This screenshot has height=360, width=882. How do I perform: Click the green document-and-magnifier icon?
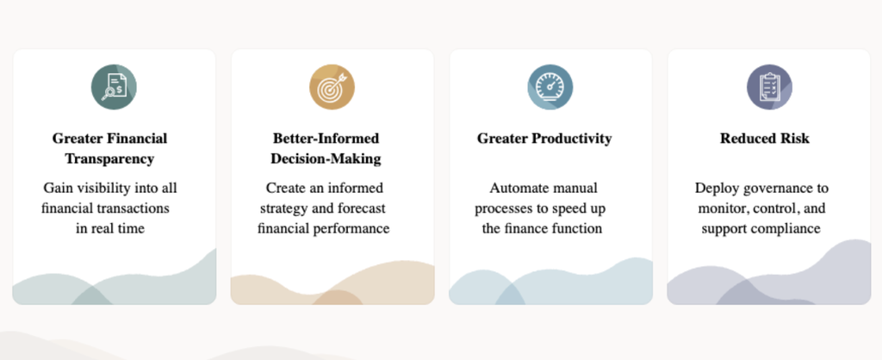tap(115, 87)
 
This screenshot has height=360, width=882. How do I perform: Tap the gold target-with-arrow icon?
tap(332, 87)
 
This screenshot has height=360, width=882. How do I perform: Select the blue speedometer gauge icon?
tap(550, 87)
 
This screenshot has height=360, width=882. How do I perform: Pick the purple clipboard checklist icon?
tap(769, 87)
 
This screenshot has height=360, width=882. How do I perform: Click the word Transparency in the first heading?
tap(109, 158)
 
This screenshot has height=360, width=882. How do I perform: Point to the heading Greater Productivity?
tap(544, 139)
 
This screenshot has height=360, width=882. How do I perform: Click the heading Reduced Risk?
tap(765, 139)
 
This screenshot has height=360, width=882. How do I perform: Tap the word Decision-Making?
tap(326, 158)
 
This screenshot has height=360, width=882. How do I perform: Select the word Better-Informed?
tap(326, 139)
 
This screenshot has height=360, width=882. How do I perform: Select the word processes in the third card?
tap(503, 209)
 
